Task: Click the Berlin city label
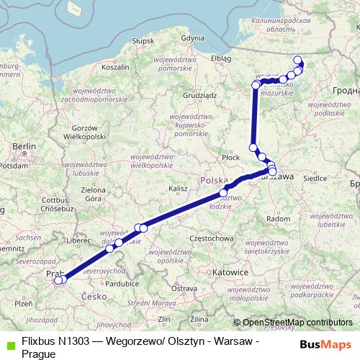click(24, 146)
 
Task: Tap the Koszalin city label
click(116, 66)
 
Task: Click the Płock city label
click(230, 156)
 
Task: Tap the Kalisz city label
click(178, 189)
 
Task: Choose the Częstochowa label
click(212, 238)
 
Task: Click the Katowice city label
click(231, 273)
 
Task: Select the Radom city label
click(278, 218)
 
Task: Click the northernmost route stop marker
click(299, 60)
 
